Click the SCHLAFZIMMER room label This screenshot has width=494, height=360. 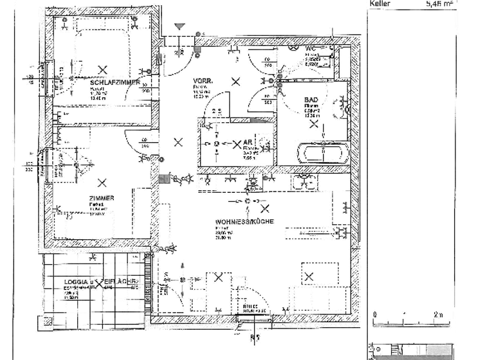coord(115,83)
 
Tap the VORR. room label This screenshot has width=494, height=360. coord(203,81)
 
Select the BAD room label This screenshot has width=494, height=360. coord(311,100)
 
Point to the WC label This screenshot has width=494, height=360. coord(311,49)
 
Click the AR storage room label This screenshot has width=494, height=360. coord(248,143)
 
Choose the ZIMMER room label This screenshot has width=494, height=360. coord(102,198)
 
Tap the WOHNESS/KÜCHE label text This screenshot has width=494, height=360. coord(245,222)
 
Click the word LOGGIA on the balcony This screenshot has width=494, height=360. coord(76,282)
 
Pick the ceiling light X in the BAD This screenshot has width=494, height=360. coord(314,123)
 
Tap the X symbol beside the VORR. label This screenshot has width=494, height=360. coord(237,81)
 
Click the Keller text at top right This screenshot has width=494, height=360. coord(380,4)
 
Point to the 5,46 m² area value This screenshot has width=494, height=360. coord(440,4)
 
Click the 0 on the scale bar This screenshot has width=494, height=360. coord(374,314)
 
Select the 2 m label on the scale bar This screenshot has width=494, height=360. coord(439,314)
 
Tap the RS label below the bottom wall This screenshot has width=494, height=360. coord(255,336)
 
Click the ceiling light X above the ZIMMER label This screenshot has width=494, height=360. coord(102,183)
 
